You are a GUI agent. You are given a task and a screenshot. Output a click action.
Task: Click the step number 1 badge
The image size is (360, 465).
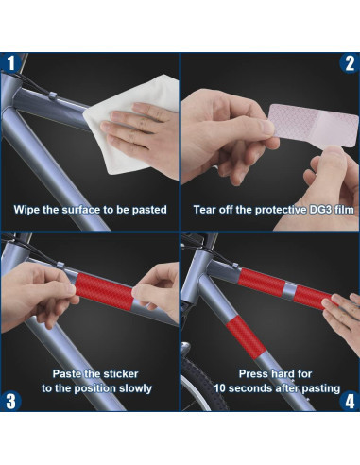(x=10, y=63)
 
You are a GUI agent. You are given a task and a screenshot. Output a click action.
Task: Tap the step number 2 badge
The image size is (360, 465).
(x=350, y=63)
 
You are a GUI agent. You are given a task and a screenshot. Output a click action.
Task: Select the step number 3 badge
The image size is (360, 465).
(x=10, y=401)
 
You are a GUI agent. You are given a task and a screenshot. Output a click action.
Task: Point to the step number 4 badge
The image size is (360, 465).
(x=350, y=401)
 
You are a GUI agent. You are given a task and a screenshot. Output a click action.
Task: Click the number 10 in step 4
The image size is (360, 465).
(x=219, y=388)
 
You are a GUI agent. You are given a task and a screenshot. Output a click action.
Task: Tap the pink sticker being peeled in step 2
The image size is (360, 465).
(x=314, y=126)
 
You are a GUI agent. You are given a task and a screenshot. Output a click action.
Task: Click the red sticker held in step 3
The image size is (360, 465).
(x=105, y=291)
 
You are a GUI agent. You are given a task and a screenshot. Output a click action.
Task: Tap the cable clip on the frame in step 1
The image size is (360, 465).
(x=53, y=95)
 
